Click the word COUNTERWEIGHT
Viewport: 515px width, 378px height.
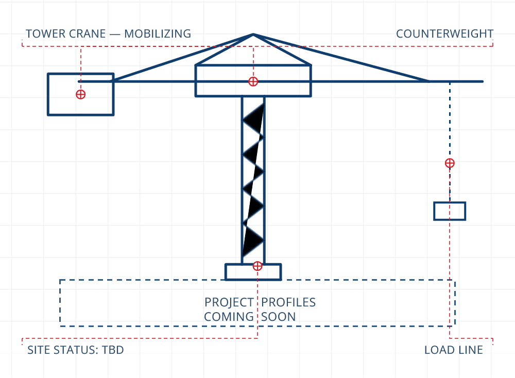pyautogui.click(x=445, y=33)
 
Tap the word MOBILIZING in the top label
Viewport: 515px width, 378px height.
pyautogui.click(x=158, y=33)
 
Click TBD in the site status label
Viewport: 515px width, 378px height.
pyautogui.click(x=113, y=350)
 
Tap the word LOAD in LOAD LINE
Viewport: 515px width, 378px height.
pyautogui.click(x=438, y=350)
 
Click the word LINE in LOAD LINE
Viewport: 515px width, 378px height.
pyautogui.click(x=469, y=350)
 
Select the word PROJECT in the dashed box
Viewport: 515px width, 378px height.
pyautogui.click(x=229, y=302)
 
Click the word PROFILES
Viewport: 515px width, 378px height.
pyautogui.click(x=288, y=302)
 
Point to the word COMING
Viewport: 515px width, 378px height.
pyautogui.click(x=229, y=317)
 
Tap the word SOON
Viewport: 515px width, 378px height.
pyautogui.click(x=279, y=317)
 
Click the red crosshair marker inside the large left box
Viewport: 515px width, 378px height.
pyautogui.click(x=80, y=95)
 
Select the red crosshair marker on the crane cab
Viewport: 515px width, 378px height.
pyautogui.click(x=253, y=81)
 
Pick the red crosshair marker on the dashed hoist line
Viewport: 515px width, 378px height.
pyautogui.click(x=450, y=163)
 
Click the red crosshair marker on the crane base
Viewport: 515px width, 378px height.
pyautogui.click(x=257, y=266)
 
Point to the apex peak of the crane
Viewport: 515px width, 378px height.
pyautogui.click(x=253, y=34)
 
